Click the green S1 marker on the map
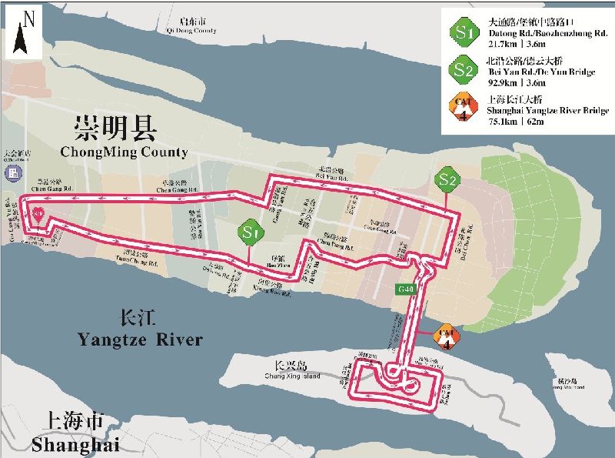click(x=248, y=230)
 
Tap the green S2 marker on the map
click(x=447, y=180)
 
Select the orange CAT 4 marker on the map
click(x=447, y=336)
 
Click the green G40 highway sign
click(x=405, y=289)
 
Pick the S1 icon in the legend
click(x=463, y=33)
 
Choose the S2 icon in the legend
click(x=463, y=69)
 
